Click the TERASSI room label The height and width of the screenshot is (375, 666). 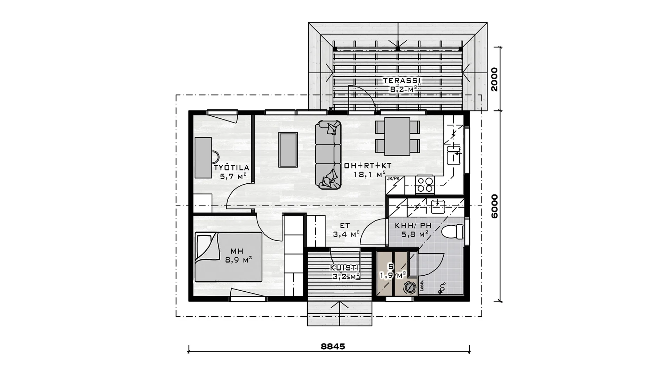click(x=402, y=81)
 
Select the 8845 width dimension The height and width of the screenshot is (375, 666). click(x=333, y=347)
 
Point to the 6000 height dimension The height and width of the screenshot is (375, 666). click(x=494, y=206)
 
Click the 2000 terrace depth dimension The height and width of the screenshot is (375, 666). click(x=494, y=79)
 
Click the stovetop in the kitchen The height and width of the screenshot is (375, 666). click(x=425, y=185)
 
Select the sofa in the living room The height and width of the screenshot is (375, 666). click(x=328, y=155)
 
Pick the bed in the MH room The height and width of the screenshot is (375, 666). click(x=228, y=257)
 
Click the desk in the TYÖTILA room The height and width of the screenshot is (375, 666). click(x=203, y=158)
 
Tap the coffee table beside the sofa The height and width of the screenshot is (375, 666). click(x=288, y=150)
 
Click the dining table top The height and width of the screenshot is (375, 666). click(x=398, y=136)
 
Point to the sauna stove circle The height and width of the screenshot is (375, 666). click(x=409, y=288)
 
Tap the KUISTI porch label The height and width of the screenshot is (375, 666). click(x=344, y=268)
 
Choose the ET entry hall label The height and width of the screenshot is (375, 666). click(x=345, y=225)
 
